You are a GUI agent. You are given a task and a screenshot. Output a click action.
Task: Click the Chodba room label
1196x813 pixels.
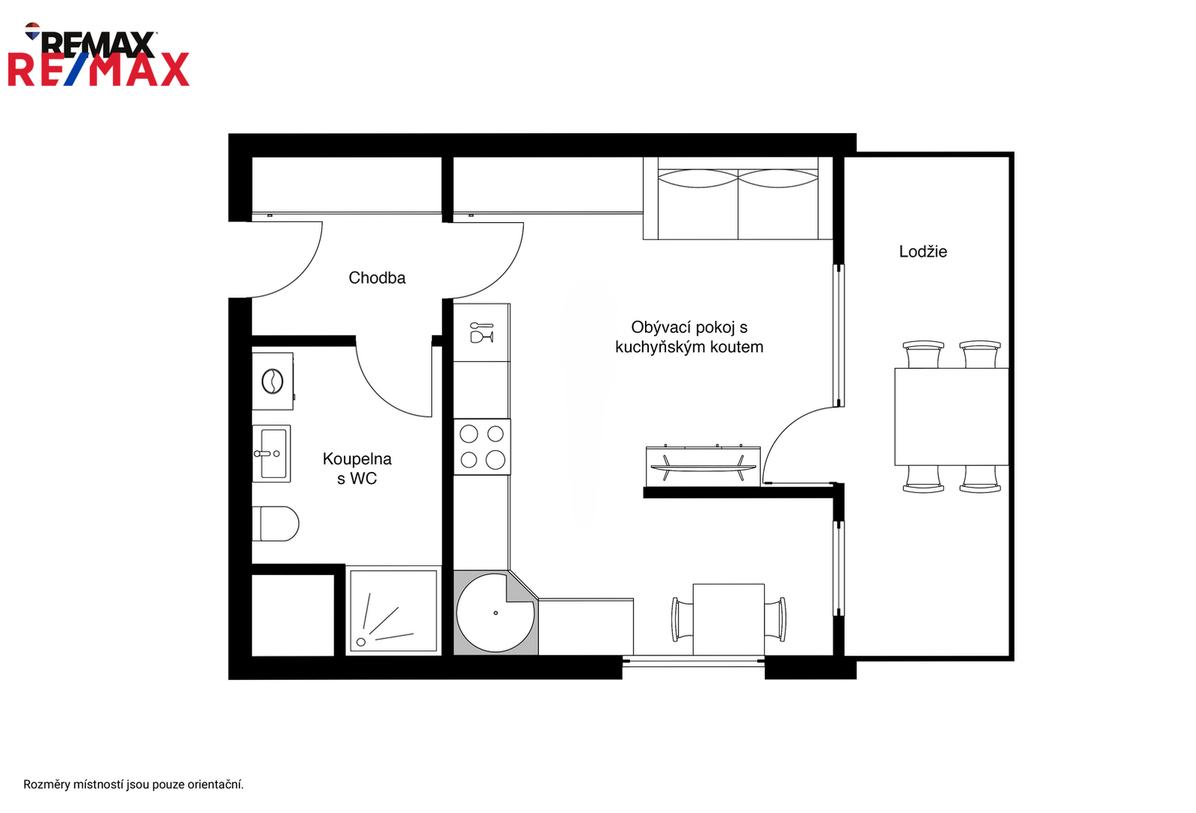(377, 278)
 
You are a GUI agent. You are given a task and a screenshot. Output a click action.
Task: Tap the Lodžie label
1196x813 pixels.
(923, 251)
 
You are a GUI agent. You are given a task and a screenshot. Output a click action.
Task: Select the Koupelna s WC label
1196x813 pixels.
(357, 468)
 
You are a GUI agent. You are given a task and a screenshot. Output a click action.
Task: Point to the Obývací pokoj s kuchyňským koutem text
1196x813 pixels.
(689, 337)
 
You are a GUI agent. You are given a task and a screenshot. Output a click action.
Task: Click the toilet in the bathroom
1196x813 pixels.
(275, 523)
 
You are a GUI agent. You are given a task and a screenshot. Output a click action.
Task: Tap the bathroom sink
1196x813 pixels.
(271, 453)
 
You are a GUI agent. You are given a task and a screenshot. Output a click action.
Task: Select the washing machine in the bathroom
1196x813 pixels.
(272, 381)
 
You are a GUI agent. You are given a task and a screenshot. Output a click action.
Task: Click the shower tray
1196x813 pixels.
(393, 611)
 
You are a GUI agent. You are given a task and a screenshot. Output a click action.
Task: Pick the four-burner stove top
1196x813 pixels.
(482, 446)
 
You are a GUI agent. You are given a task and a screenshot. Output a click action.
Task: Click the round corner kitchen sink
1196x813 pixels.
(495, 613)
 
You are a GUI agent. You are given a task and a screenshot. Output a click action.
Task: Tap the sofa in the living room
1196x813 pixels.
(738, 198)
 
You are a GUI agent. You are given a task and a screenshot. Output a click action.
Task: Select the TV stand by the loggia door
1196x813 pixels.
(703, 466)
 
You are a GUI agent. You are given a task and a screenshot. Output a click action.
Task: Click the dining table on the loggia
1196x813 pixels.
(951, 416)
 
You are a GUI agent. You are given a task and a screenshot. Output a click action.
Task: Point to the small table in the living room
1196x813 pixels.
(729, 620)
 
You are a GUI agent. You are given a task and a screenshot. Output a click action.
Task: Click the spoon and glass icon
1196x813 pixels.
(482, 332)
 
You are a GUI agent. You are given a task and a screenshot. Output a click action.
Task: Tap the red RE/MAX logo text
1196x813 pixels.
(99, 69)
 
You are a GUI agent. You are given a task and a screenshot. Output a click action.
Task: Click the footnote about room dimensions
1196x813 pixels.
(133, 784)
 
